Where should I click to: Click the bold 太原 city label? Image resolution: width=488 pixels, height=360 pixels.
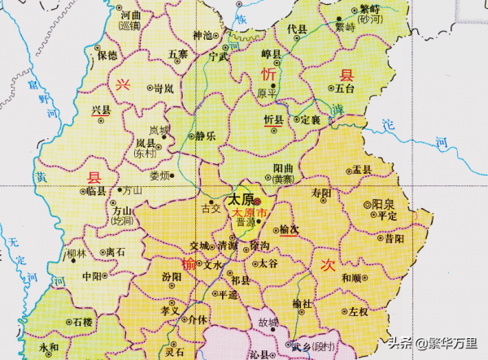(239, 199)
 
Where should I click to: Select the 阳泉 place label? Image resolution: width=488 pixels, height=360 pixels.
(383, 204)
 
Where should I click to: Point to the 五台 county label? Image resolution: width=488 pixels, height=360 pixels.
(345, 87)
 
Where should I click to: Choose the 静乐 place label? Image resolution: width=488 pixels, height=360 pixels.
(205, 137)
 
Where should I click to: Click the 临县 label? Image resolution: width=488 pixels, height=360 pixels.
(95, 192)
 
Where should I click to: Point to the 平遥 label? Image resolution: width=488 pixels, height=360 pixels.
(230, 294)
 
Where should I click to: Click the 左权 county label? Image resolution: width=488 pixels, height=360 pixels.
(359, 311)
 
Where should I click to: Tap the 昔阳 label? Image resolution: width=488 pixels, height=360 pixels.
(394, 239)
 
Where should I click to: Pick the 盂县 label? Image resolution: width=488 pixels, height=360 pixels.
(362, 170)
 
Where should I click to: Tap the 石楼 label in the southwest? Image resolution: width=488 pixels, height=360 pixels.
(82, 323)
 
